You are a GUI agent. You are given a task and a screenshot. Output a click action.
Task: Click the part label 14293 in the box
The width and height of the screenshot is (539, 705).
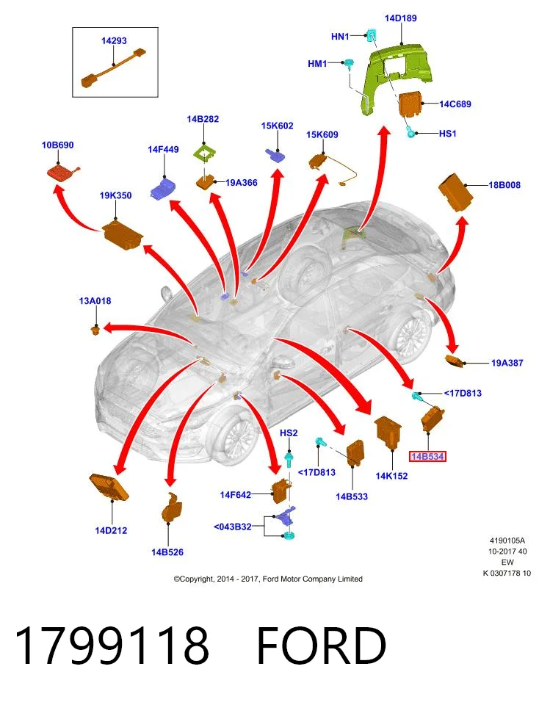point(114,41)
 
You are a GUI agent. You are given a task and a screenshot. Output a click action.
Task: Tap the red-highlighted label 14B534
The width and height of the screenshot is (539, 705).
point(427,457)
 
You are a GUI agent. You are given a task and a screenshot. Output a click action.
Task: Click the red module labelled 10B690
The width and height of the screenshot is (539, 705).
point(64,172)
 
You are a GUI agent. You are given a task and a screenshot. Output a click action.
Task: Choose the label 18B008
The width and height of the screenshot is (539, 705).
point(504,185)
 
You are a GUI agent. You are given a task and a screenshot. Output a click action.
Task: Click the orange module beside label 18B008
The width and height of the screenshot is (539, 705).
point(456,192)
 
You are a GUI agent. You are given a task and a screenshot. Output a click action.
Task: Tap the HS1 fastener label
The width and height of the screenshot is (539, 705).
point(447,134)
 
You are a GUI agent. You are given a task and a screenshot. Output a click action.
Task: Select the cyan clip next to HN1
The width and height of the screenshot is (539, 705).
point(372,35)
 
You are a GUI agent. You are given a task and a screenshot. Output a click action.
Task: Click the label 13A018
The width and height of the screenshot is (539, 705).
point(95,301)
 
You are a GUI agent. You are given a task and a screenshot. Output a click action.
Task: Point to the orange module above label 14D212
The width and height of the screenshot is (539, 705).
point(109,487)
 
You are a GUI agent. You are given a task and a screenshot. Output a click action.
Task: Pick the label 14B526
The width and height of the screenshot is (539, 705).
point(167,552)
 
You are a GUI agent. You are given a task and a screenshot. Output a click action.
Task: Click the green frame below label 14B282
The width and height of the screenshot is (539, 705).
point(204,153)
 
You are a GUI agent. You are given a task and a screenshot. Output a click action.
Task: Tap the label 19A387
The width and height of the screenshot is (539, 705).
point(507,363)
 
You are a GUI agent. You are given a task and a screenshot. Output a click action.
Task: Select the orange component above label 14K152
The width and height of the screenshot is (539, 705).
point(388,433)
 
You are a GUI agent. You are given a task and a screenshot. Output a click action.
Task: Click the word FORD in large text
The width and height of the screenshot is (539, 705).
point(322,646)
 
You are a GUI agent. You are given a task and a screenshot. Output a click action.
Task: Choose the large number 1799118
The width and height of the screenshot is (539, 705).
point(112,646)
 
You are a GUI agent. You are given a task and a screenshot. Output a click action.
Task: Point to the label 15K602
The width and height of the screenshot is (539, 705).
point(277,126)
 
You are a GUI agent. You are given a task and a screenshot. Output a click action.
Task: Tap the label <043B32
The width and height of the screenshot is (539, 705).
point(232,527)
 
